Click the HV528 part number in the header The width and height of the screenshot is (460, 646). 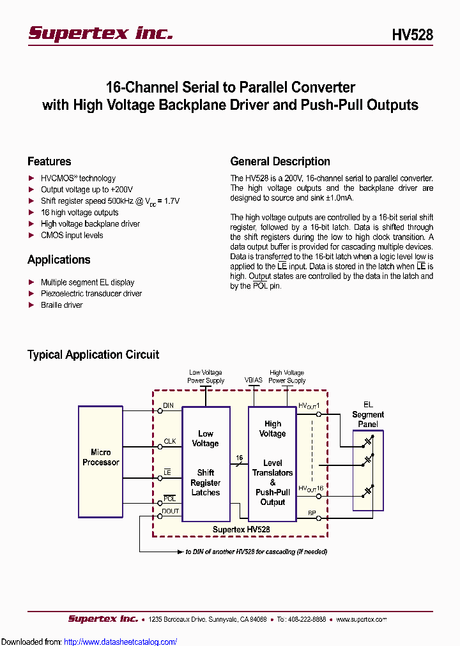pos(412,35)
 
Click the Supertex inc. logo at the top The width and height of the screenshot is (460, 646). pos(100,33)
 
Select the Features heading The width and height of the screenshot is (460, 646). pos(49,161)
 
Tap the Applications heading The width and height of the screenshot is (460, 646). pos(59,260)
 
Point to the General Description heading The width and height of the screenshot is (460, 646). pos(280,161)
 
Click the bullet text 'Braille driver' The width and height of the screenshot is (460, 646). pos(62,305)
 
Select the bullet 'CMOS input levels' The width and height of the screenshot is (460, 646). pos(72,236)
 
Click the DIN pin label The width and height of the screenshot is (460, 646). pos(168,405)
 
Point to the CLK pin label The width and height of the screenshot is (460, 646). pos(169,441)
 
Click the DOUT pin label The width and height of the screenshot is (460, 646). pos(171,511)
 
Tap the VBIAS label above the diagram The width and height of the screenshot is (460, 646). pos(254,380)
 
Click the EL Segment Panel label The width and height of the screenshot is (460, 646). pos(368,414)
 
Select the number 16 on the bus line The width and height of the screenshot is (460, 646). pos(240,458)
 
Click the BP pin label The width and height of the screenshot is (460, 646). pos(312,513)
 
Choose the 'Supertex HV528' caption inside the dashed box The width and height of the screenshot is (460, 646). pos(241,529)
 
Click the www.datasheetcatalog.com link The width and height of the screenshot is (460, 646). pos(121,642)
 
